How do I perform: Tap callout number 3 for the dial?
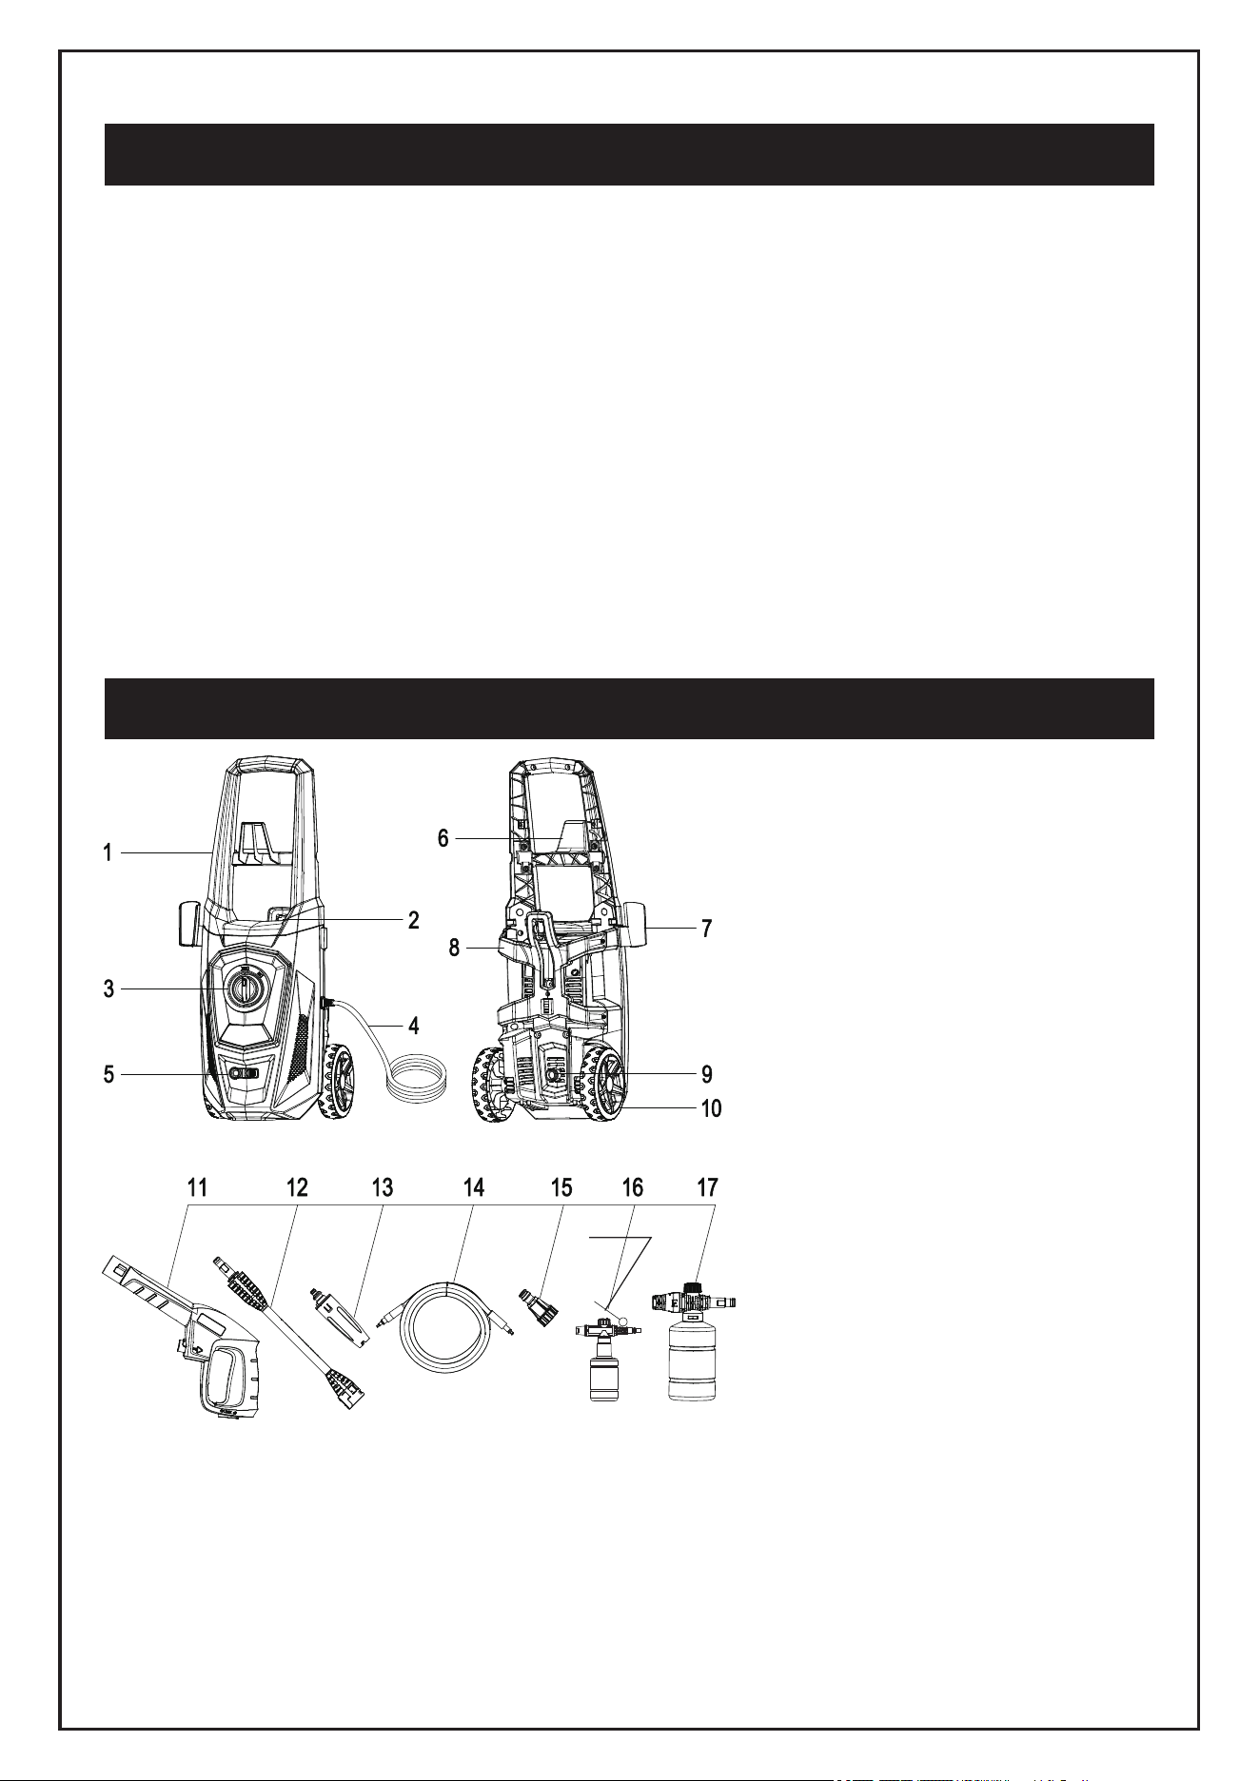[x=109, y=989]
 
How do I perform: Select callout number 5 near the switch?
[x=109, y=1074]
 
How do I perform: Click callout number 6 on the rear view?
[x=443, y=838]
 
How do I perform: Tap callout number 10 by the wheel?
[x=712, y=1108]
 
